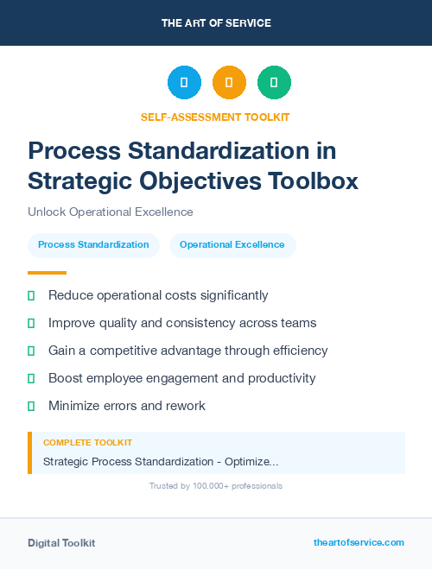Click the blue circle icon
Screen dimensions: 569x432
(184, 82)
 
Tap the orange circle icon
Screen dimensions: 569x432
(229, 82)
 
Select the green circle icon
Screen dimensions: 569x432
(274, 82)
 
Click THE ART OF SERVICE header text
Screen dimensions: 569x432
(216, 23)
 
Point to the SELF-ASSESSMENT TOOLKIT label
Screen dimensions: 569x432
(215, 117)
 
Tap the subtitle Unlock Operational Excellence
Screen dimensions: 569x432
(111, 212)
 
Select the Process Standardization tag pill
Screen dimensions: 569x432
(93, 245)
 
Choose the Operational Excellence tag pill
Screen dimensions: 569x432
(232, 245)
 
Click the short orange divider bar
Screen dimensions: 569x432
(47, 273)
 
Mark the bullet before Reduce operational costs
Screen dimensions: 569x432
(31, 296)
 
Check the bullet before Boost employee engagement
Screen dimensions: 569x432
(31, 378)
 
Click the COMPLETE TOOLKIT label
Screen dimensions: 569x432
(88, 443)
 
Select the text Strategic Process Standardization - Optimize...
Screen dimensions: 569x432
(161, 462)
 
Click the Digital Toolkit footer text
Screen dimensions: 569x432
(61, 543)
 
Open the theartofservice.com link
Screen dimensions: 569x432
(359, 543)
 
